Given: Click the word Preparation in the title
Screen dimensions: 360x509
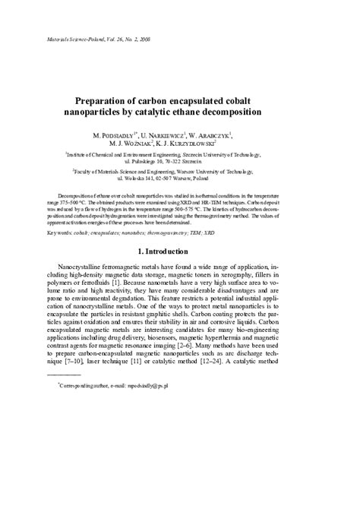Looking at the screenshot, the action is coord(112,100).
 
